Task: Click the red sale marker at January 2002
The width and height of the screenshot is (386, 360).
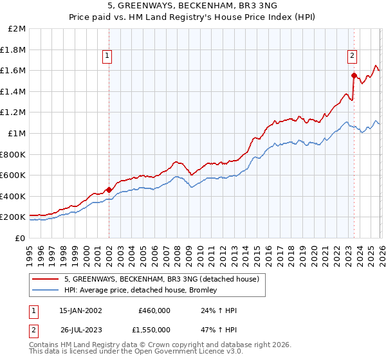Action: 109,190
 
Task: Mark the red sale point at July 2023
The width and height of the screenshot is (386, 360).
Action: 354,75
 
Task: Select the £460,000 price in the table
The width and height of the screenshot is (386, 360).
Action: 154,310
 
